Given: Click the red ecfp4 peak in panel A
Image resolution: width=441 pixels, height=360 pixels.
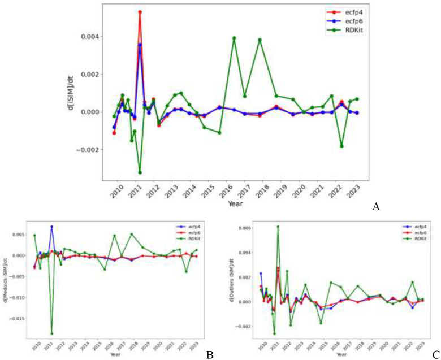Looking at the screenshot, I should [x=140, y=12].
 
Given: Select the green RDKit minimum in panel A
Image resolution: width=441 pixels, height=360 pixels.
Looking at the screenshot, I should [x=140, y=172].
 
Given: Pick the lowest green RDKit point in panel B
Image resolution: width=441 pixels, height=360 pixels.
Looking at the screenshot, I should [x=51, y=333].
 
